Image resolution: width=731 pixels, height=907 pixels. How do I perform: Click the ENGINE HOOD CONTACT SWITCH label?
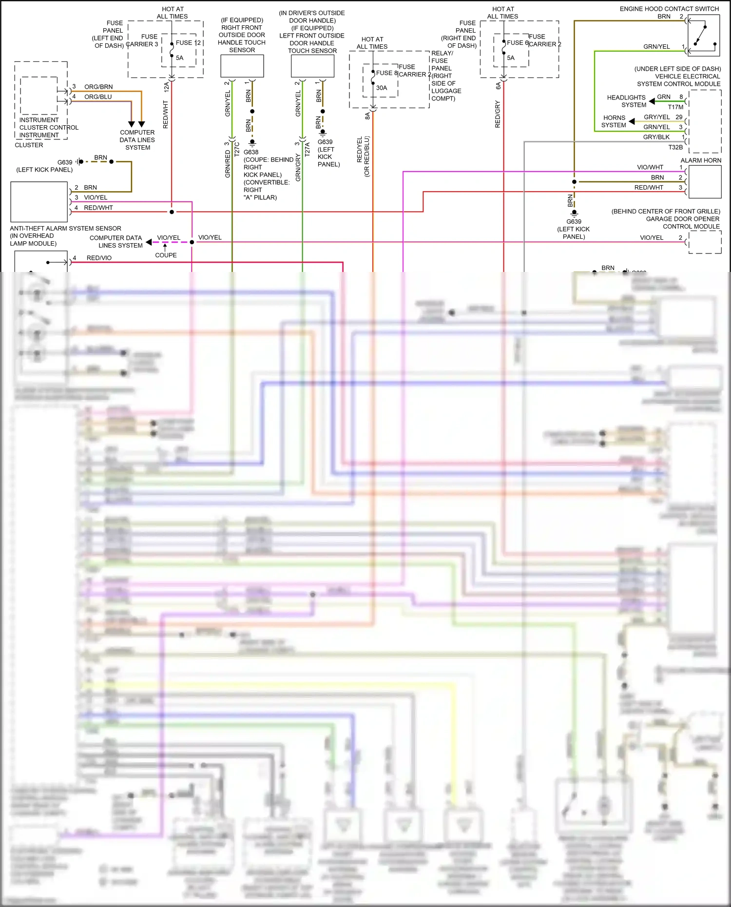(x=669, y=9)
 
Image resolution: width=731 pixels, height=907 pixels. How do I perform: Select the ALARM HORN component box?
(x=704, y=182)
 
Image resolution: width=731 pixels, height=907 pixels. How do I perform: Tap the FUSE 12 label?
(x=188, y=43)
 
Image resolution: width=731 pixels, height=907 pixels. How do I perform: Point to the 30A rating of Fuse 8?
(x=382, y=88)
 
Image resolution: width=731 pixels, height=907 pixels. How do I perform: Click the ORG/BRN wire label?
(x=98, y=87)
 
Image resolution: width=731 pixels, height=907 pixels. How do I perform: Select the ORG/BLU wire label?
(x=98, y=97)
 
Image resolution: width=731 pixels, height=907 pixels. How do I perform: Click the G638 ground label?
(x=251, y=152)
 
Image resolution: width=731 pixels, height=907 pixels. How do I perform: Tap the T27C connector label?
(x=237, y=149)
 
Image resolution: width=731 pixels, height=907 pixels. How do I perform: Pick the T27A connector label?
(x=308, y=149)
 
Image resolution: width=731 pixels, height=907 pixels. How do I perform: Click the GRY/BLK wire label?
(x=656, y=137)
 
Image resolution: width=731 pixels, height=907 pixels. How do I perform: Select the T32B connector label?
(x=675, y=147)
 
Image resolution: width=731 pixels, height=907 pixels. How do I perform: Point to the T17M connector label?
(x=675, y=107)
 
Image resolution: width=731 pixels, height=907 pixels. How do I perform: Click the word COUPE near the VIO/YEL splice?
(x=166, y=255)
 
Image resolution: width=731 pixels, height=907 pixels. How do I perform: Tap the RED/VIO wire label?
(x=99, y=258)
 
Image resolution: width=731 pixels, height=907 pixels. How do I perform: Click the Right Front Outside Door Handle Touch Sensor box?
(x=242, y=66)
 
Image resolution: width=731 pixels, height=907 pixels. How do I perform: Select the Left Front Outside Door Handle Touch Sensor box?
(x=312, y=66)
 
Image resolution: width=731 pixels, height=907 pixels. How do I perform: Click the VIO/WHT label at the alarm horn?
(x=650, y=167)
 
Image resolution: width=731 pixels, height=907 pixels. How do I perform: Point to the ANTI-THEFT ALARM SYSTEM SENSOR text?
(x=65, y=229)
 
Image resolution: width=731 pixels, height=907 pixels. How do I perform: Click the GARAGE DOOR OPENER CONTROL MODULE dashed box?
(x=705, y=242)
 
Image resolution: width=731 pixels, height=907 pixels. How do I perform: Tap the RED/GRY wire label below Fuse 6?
(x=498, y=115)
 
